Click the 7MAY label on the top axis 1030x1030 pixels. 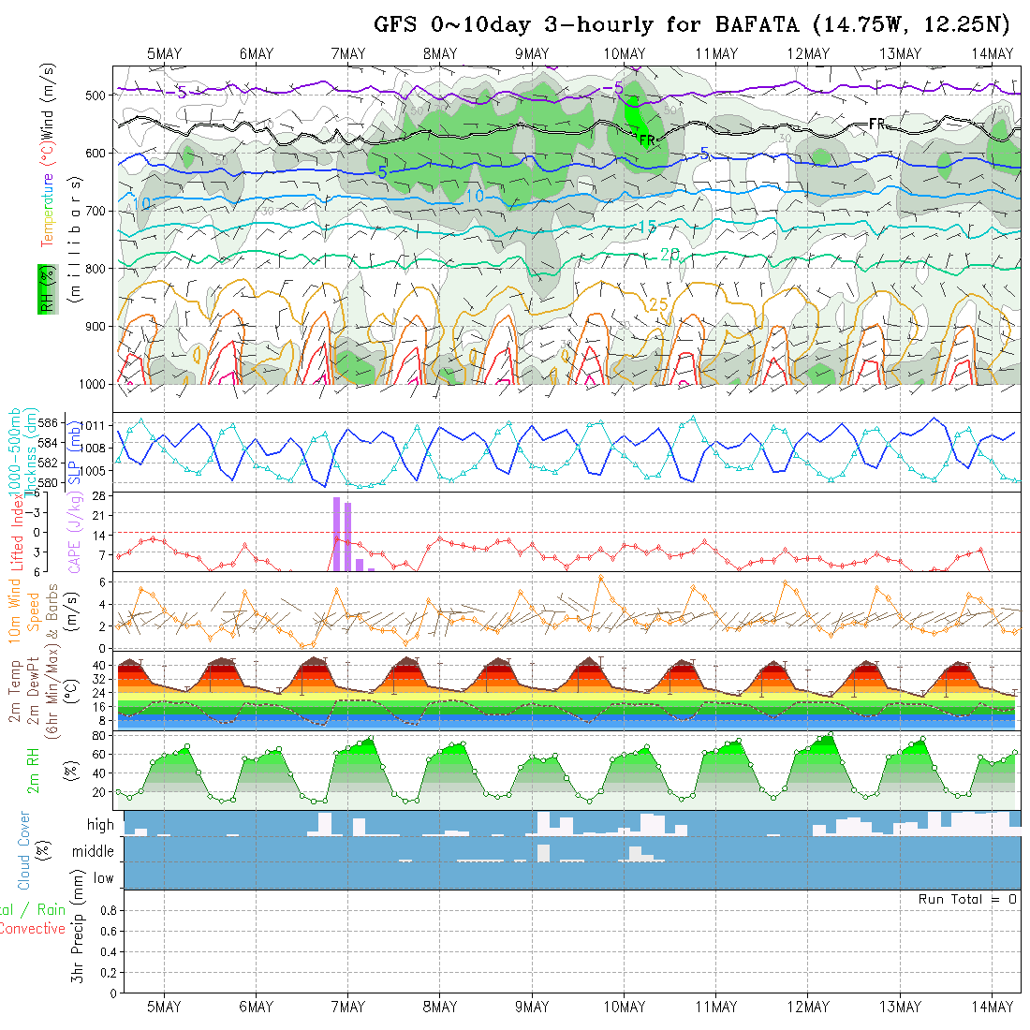[347, 53]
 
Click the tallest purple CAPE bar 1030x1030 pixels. [336, 534]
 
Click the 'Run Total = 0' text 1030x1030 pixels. [967, 899]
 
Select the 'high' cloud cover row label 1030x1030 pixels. [100, 825]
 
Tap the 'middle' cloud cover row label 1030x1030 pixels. [93, 851]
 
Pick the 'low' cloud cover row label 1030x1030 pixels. [103, 877]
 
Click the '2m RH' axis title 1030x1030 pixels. [34, 771]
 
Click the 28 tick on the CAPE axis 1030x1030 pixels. [96, 495]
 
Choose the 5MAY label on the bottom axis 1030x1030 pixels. [164, 1007]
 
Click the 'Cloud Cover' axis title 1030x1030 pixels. [24, 850]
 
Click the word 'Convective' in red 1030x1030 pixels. [32, 929]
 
